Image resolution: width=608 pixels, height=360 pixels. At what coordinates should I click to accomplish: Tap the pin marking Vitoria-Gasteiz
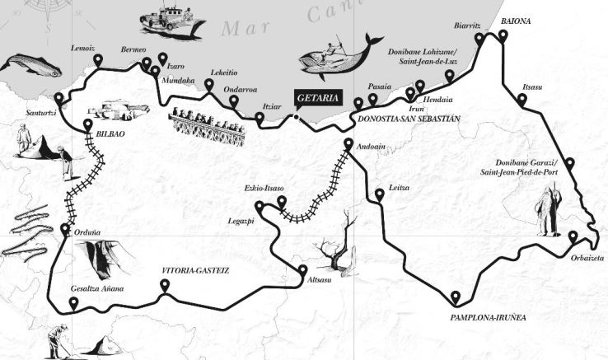[165, 286]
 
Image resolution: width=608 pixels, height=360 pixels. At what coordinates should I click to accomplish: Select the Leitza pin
[378, 195]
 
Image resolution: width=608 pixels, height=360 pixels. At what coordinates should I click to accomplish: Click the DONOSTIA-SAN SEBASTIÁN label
[407, 119]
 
